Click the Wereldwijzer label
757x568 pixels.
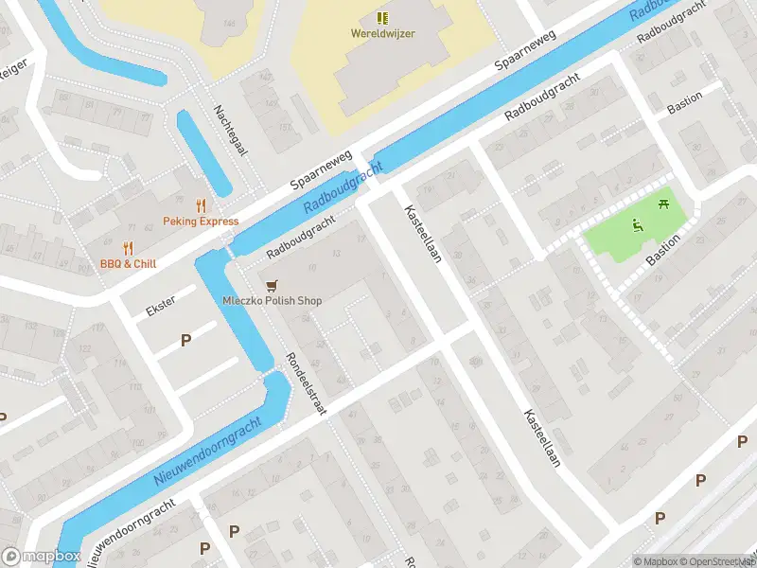pyautogui.click(x=382, y=33)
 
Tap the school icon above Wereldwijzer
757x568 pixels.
pyautogui.click(x=382, y=17)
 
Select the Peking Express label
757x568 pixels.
pyautogui.click(x=201, y=222)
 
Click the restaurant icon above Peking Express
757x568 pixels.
pyautogui.click(x=201, y=204)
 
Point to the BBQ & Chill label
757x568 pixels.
pyautogui.click(x=128, y=264)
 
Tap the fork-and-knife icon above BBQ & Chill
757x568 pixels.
pyautogui.click(x=128, y=248)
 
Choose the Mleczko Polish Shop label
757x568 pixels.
pyautogui.click(x=273, y=301)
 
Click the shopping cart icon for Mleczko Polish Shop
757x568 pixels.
pyautogui.click(x=273, y=285)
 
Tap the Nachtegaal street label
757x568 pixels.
pyautogui.click(x=230, y=133)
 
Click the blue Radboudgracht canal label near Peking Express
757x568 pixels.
pyautogui.click(x=343, y=188)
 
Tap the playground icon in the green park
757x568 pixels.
pyautogui.click(x=638, y=225)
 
